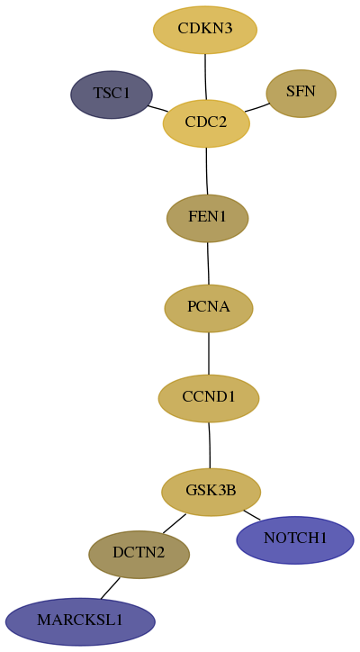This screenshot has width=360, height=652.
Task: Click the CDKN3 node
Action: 205,30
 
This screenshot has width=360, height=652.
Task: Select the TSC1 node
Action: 112,95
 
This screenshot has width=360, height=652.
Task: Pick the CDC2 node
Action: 206,123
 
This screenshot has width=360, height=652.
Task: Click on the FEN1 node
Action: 207,218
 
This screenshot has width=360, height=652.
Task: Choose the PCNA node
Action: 209,308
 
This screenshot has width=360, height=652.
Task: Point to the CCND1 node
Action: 209,398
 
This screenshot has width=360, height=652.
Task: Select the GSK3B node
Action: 211,492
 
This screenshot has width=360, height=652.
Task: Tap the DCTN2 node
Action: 139,554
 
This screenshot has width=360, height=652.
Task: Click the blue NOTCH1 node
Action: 295,539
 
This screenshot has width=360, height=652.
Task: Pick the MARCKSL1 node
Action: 80,621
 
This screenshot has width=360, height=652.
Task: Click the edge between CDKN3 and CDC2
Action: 205,77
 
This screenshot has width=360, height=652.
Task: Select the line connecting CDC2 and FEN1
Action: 207,171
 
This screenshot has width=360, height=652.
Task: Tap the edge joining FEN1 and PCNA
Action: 208,263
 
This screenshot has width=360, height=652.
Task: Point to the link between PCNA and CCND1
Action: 209,353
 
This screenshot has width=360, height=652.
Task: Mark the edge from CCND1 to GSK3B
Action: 210,446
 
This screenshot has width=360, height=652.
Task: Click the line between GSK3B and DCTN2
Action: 175,523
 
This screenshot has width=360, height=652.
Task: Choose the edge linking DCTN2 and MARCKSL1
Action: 110,588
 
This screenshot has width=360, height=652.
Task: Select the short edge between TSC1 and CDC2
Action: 158,108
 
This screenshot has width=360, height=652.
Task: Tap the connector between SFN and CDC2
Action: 257,107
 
